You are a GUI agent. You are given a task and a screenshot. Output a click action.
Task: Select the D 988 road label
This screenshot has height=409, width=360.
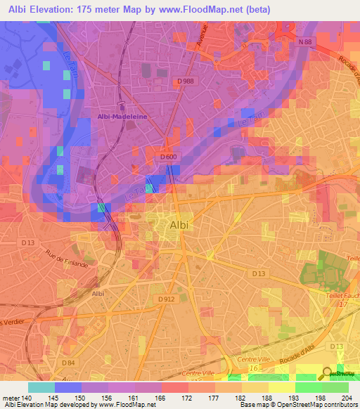185,81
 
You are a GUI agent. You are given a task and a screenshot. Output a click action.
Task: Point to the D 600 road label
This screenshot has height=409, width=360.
167,157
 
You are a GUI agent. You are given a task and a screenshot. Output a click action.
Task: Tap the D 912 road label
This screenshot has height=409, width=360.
167,299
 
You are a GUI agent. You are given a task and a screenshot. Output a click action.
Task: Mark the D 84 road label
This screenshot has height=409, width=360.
67,362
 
